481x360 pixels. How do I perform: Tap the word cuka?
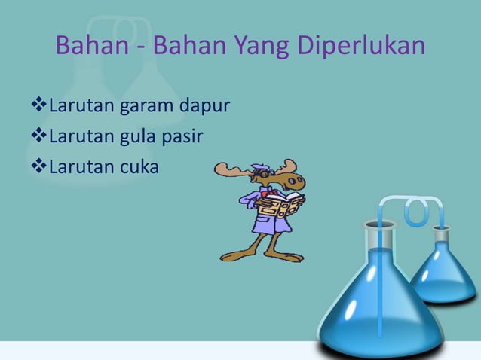coord(137,166)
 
